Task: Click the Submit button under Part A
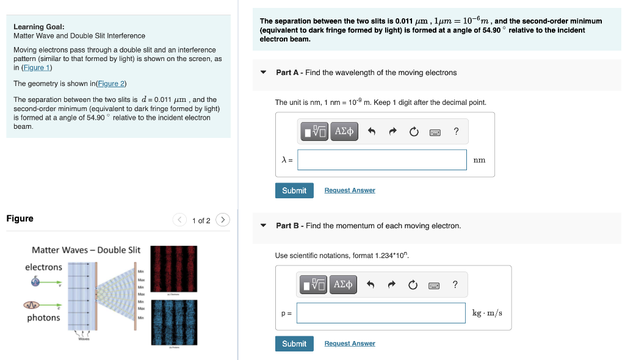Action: pyautogui.click(x=294, y=190)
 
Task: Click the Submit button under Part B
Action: pyautogui.click(x=294, y=344)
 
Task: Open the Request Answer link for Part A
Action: pyautogui.click(x=350, y=190)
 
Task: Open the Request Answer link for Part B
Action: pyautogui.click(x=350, y=344)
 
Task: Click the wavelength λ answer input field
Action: pyautogui.click(x=382, y=160)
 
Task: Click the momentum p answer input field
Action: pyautogui.click(x=381, y=313)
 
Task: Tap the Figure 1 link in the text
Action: pyautogui.click(x=37, y=68)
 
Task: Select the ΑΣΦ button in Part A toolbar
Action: pyautogui.click(x=344, y=131)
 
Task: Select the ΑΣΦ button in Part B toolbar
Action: pyautogui.click(x=344, y=284)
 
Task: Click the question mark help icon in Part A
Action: pyautogui.click(x=456, y=131)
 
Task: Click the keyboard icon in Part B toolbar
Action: pyautogui.click(x=435, y=285)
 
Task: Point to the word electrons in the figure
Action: pyautogui.click(x=43, y=267)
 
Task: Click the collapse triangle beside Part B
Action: pyautogui.click(x=264, y=226)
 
